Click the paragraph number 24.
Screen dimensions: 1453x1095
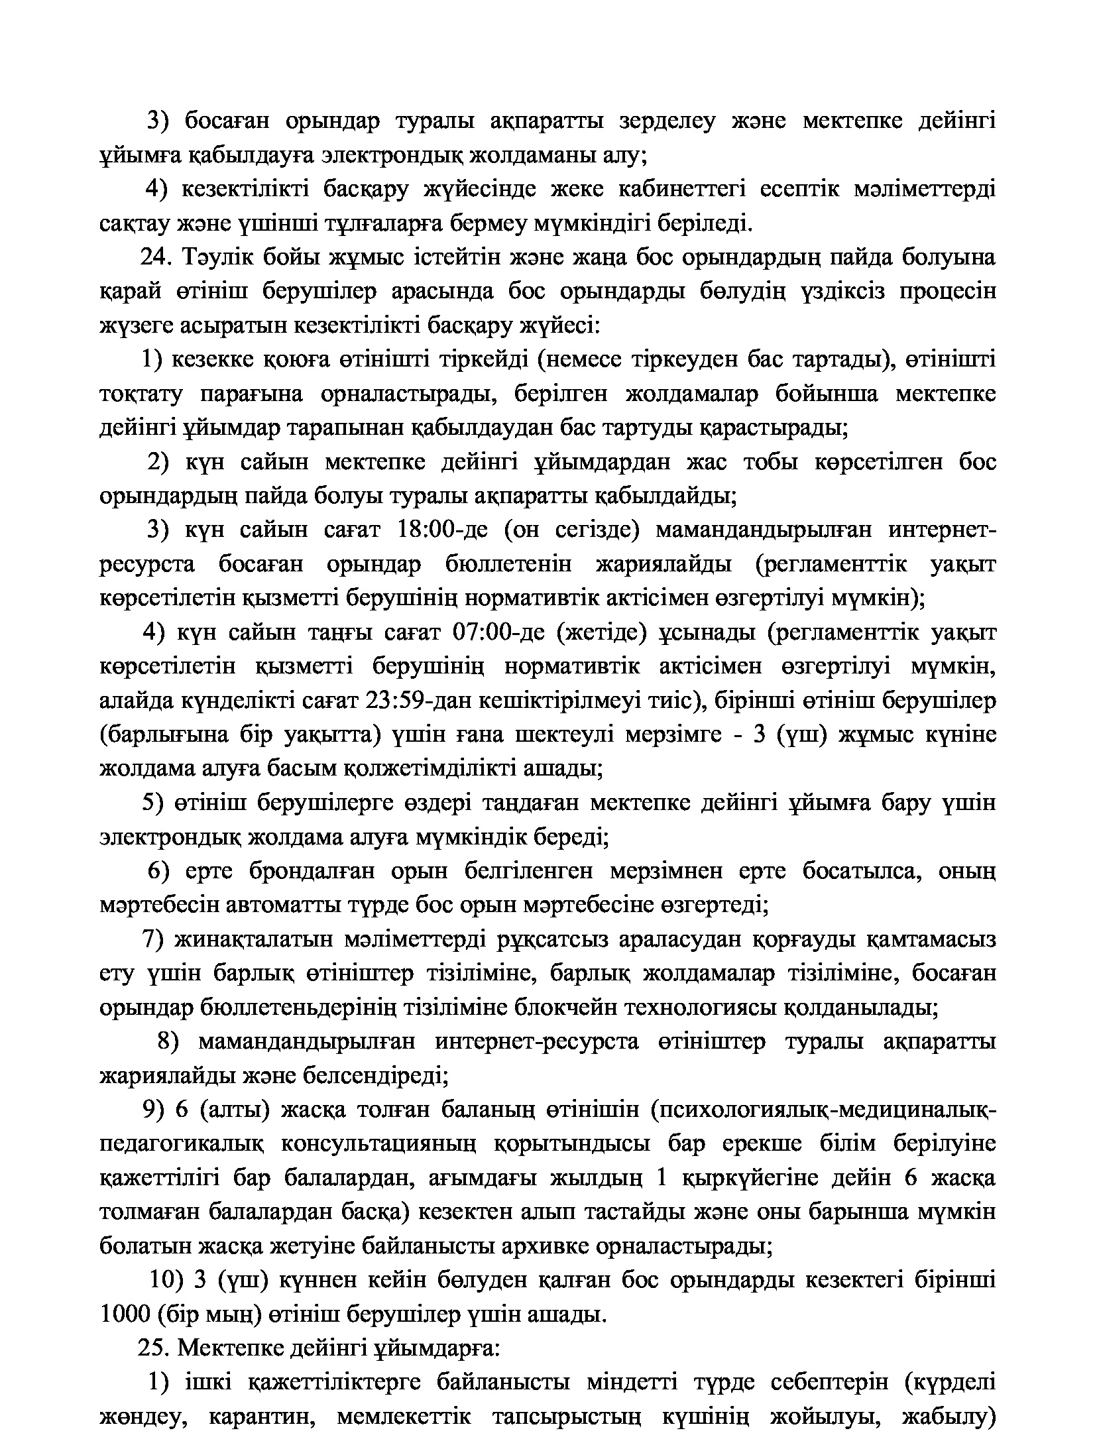tap(156, 257)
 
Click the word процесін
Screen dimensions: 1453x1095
tap(946, 292)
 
